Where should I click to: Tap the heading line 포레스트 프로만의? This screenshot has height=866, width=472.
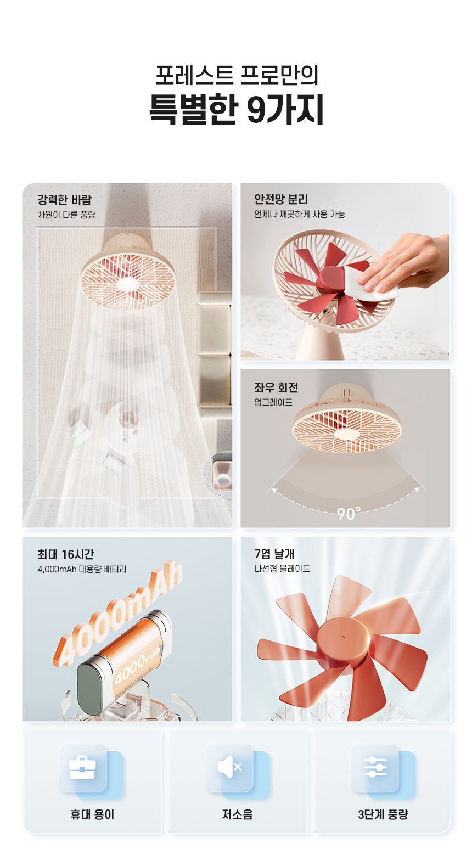coord(237,75)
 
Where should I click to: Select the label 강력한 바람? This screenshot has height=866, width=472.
coord(65,200)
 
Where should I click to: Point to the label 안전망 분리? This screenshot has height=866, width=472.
coord(281,199)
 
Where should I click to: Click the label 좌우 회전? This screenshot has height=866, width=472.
coord(276,387)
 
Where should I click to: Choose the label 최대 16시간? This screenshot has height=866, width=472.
coord(66,554)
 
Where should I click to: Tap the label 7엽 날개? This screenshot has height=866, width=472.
coord(274,554)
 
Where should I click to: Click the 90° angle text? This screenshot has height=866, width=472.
coord(349,514)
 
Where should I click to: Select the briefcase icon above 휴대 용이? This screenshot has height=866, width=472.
coord(82,767)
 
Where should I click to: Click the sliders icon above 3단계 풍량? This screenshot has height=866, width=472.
coord(375,767)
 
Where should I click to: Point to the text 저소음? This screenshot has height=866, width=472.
coord(237,814)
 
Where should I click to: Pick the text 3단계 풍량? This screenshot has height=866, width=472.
coord(383,814)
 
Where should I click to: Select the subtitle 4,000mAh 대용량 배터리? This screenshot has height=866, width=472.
coord(82,569)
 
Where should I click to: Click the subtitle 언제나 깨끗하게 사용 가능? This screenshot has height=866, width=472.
coord(299,214)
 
